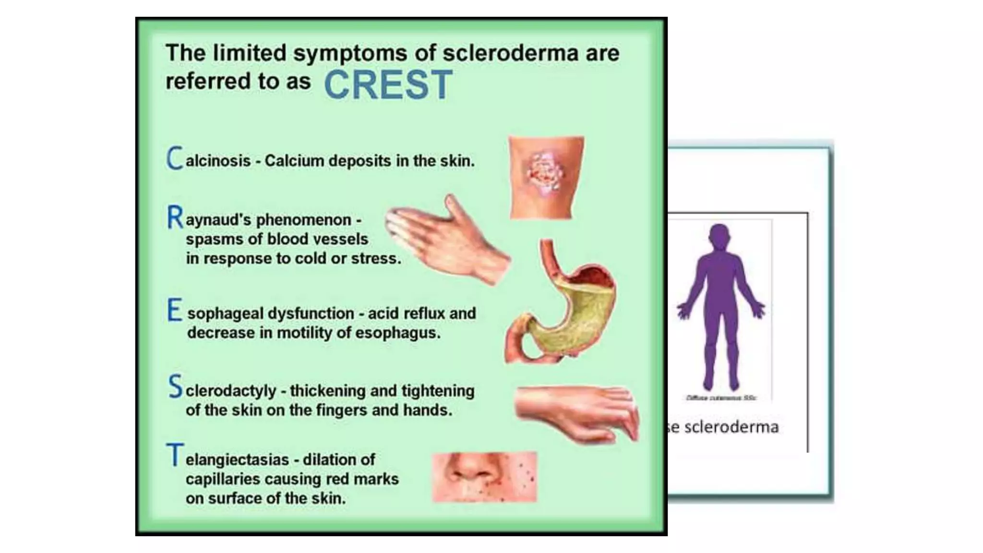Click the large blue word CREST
click(388, 85)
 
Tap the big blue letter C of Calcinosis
click(175, 158)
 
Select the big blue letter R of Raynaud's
click(175, 217)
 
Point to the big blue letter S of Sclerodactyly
click(175, 387)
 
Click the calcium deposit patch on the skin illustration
click(545, 173)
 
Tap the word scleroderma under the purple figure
click(731, 427)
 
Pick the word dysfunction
click(311, 313)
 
